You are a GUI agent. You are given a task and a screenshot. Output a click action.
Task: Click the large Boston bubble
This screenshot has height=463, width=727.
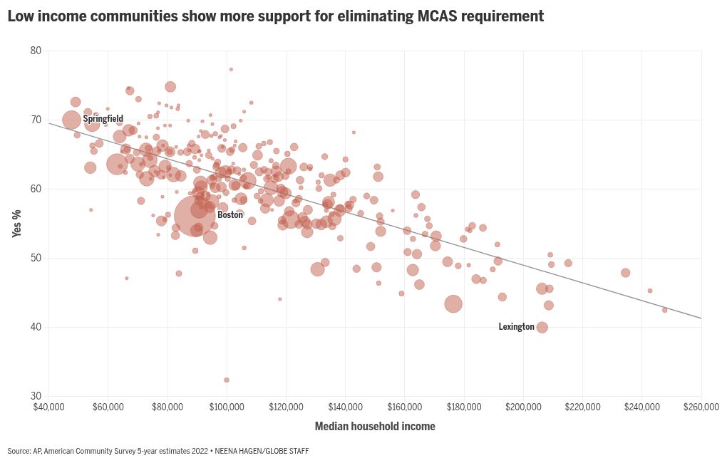pyautogui.click(x=194, y=215)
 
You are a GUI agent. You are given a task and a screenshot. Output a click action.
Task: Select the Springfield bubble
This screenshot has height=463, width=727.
pyautogui.click(x=72, y=120)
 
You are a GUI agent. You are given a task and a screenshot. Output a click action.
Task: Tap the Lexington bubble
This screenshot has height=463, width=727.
pyautogui.click(x=542, y=328)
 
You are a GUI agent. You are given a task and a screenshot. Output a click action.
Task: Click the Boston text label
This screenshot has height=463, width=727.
pyautogui.click(x=230, y=214)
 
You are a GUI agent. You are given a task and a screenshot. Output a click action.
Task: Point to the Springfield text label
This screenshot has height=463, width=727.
pyautogui.click(x=103, y=119)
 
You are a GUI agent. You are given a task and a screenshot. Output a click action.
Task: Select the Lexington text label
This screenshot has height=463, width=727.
pyautogui.click(x=516, y=327)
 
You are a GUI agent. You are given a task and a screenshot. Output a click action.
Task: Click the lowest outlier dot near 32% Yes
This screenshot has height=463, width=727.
pyautogui.click(x=227, y=380)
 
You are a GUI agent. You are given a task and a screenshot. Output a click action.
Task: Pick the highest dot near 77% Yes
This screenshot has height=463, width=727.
pyautogui.click(x=231, y=69)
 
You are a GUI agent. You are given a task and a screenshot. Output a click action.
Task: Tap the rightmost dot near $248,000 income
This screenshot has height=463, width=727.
pyautogui.click(x=664, y=310)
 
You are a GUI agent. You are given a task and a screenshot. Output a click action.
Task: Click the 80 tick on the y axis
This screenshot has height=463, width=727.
pyautogui.click(x=36, y=51)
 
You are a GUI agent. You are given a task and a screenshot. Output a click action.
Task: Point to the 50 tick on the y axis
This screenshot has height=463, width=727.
pyautogui.click(x=36, y=258)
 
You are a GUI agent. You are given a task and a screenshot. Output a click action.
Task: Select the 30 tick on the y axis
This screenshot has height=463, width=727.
pyautogui.click(x=36, y=396)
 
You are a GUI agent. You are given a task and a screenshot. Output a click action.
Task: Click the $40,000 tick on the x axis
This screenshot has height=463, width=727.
pyautogui.click(x=48, y=407)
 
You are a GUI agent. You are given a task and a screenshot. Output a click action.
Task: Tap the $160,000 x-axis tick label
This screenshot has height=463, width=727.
pyautogui.click(x=404, y=407)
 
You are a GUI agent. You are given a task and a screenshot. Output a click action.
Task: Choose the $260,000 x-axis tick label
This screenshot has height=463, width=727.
pyautogui.click(x=701, y=407)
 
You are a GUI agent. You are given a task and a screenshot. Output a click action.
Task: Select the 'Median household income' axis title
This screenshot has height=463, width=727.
pyautogui.click(x=375, y=427)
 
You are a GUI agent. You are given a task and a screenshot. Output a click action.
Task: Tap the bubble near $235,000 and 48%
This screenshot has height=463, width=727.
pyautogui.click(x=625, y=273)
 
